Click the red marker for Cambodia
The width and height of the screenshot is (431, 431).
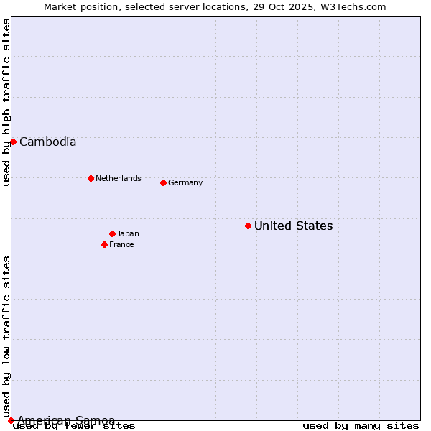click(x=13, y=142)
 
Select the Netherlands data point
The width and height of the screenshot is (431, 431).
click(x=91, y=178)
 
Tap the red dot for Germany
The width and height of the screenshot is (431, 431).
click(x=163, y=182)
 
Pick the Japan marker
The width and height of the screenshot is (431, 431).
click(x=112, y=233)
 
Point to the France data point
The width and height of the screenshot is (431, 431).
click(x=104, y=244)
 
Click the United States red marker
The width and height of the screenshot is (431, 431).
click(x=248, y=226)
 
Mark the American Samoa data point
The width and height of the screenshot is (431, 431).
click(x=11, y=420)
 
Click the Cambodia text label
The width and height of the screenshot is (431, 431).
click(x=47, y=142)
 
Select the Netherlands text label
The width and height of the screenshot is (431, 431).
click(x=119, y=178)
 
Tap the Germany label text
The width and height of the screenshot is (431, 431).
click(x=185, y=182)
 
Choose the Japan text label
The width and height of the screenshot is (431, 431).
click(x=128, y=233)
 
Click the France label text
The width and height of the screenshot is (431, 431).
click(x=121, y=244)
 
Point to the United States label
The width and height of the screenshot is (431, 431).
click(x=293, y=226)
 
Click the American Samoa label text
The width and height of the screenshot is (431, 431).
click(x=66, y=420)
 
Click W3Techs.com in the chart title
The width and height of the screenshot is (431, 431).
click(x=352, y=6)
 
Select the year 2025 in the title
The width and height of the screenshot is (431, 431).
click(x=301, y=6)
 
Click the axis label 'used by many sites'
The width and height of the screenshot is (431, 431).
click(x=361, y=425)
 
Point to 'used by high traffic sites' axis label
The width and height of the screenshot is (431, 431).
click(x=7, y=102)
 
